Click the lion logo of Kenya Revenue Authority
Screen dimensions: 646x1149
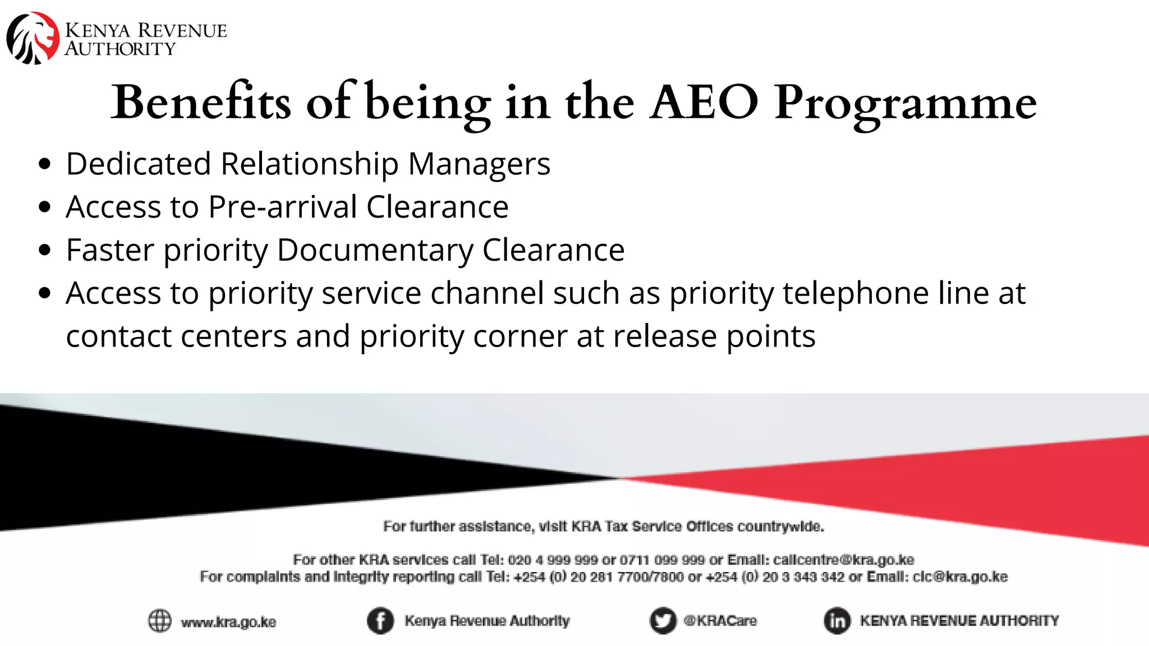pos(33,38)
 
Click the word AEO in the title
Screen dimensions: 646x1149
pos(704,103)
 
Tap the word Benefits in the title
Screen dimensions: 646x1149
pos(201,103)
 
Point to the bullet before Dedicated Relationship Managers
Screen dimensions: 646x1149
pos(45,164)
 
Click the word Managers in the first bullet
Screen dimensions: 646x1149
pos(479,164)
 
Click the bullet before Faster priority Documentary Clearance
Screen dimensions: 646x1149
pos(45,250)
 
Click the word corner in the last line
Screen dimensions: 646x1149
pos(520,336)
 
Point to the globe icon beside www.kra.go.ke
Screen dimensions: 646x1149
pos(159,621)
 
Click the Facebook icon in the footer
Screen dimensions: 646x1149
pos(380,621)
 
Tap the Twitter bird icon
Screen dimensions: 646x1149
pos(663,621)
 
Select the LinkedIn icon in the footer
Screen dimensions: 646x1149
pos(837,621)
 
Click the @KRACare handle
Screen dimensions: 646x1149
pos(720,621)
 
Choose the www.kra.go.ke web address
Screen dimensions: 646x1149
pos(228,622)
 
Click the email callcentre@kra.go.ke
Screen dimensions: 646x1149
pos(843,560)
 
